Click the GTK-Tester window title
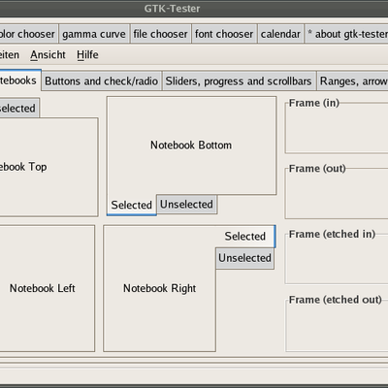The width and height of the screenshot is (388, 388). click(172, 9)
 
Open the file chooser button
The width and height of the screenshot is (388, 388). click(160, 34)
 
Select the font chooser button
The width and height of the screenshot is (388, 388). click(224, 34)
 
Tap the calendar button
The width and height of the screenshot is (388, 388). click(280, 34)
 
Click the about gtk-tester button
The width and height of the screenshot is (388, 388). click(346, 34)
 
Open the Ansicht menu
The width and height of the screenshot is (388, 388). click(48, 55)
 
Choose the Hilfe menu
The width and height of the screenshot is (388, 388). click(87, 55)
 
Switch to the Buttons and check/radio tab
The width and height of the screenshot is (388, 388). click(101, 81)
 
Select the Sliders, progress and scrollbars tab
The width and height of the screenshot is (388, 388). click(239, 81)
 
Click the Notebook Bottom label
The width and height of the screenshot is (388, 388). click(191, 145)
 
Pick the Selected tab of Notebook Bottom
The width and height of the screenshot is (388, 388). click(132, 205)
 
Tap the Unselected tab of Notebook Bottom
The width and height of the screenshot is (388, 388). click(186, 205)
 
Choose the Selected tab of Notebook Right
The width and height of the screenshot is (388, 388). click(245, 237)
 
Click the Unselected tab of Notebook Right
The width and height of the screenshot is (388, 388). click(244, 258)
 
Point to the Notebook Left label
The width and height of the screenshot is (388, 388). click(43, 288)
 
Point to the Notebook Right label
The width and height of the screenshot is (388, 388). click(160, 288)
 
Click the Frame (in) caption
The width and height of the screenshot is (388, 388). click(314, 103)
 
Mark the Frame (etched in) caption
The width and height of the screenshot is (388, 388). click(332, 234)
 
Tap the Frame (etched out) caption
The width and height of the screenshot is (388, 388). click(336, 300)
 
